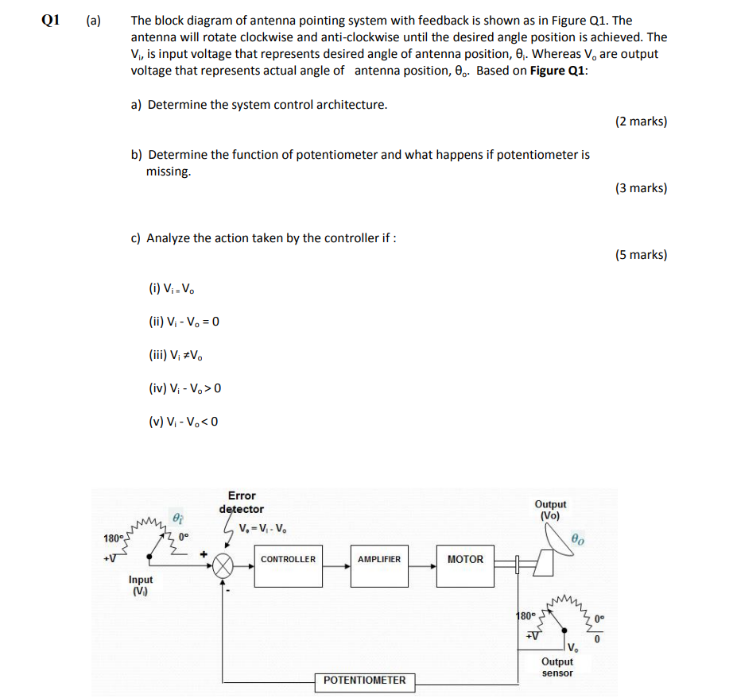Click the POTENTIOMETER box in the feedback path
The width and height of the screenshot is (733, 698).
click(x=364, y=681)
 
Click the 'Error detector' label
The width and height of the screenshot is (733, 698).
click(x=242, y=503)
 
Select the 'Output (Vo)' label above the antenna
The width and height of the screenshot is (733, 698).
click(x=550, y=510)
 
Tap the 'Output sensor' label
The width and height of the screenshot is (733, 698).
click(x=557, y=667)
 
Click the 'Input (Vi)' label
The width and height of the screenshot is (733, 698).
click(x=141, y=585)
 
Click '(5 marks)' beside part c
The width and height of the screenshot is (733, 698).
click(x=641, y=255)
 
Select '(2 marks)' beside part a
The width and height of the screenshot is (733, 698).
click(x=641, y=121)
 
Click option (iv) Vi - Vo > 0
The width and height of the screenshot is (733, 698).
click(x=184, y=388)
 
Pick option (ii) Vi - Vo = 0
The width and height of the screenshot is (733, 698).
click(x=184, y=322)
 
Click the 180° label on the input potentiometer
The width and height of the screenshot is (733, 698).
click(x=112, y=539)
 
